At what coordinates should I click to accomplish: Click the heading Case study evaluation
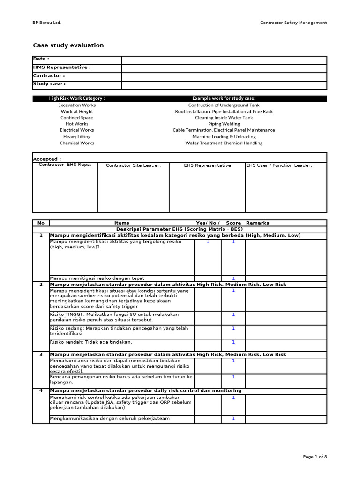pyautogui.click(x=68, y=45)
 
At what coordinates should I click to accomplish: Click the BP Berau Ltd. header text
pyautogui.click(x=47, y=22)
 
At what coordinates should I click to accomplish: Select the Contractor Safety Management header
pyautogui.click(x=293, y=22)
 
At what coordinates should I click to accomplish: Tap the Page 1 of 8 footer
pyautogui.click(x=315, y=457)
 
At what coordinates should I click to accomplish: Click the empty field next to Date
pyautogui.click(x=224, y=60)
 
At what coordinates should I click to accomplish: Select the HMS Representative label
pyautogui.click(x=61, y=67)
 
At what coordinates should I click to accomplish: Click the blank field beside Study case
pyautogui.click(x=224, y=84)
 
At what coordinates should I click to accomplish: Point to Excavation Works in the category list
pyautogui.click(x=77, y=105)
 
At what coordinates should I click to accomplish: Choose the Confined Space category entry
pyautogui.click(x=77, y=118)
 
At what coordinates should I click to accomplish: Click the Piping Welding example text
pyautogui.click(x=224, y=124)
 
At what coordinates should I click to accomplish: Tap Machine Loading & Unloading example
pyautogui.click(x=224, y=137)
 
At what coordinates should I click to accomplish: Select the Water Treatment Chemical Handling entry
pyautogui.click(x=224, y=143)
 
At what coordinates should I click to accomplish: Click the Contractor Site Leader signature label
pyautogui.click(x=133, y=165)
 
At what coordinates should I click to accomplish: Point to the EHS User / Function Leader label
pyautogui.click(x=279, y=165)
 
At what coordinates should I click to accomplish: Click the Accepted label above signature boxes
pyautogui.click(x=47, y=159)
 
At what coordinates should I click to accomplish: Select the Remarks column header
pyautogui.click(x=257, y=223)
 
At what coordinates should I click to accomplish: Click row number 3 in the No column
pyautogui.click(x=41, y=355)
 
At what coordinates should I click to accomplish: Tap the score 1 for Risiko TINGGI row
pyautogui.click(x=233, y=315)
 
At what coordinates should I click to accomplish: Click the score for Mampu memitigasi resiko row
pyautogui.click(x=233, y=278)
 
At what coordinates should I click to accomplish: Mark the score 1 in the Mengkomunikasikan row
pyautogui.click(x=233, y=419)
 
